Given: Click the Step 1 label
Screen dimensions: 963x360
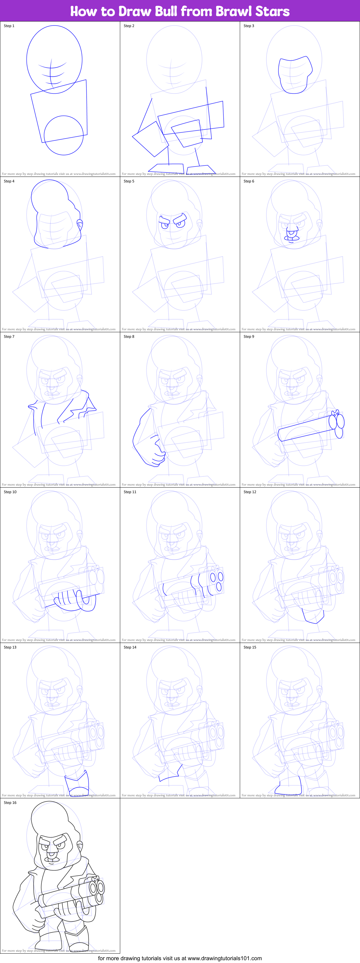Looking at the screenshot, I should (x=9, y=26).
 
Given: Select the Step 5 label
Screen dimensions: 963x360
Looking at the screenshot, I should (x=129, y=181).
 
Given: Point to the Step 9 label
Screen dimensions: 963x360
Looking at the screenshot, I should (x=249, y=337).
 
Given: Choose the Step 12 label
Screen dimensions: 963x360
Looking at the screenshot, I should (x=250, y=492).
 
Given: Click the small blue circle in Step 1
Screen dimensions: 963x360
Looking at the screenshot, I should (x=64, y=135).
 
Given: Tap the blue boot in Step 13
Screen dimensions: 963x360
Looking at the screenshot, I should (x=77, y=784).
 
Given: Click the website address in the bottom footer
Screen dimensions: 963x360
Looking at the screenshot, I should (x=224, y=958).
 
